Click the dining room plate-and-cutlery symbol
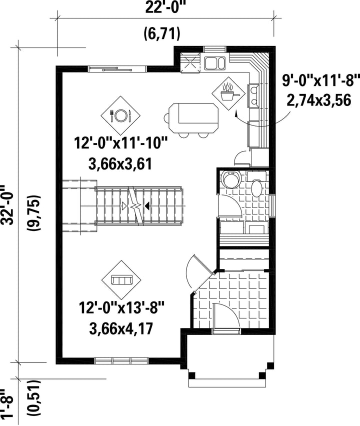(120, 115)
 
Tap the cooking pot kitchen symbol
(228, 93)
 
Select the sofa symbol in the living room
(121, 280)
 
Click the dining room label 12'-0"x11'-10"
(121, 143)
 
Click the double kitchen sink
(214, 63)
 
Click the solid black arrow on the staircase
(146, 206)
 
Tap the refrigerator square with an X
(190, 62)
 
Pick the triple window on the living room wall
(121, 361)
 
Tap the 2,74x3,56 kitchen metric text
(319, 100)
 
